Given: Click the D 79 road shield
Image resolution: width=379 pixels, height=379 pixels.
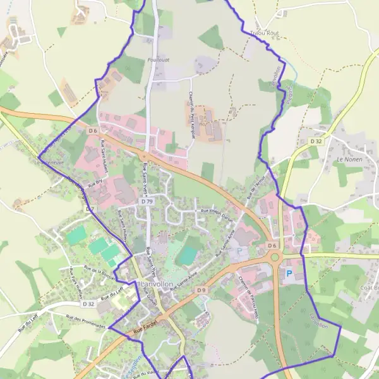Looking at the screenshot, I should [147, 202].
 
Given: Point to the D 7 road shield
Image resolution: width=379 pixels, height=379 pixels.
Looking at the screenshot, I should [89, 208].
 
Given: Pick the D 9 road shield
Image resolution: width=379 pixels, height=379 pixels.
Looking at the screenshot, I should [202, 290].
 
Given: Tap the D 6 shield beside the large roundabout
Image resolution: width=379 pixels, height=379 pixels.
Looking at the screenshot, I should [272, 245].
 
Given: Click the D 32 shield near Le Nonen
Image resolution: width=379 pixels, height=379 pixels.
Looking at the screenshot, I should [316, 141].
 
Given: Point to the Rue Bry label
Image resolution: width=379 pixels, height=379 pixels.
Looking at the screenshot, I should [95, 184].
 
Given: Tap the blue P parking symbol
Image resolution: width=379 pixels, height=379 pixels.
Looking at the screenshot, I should [289, 274].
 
